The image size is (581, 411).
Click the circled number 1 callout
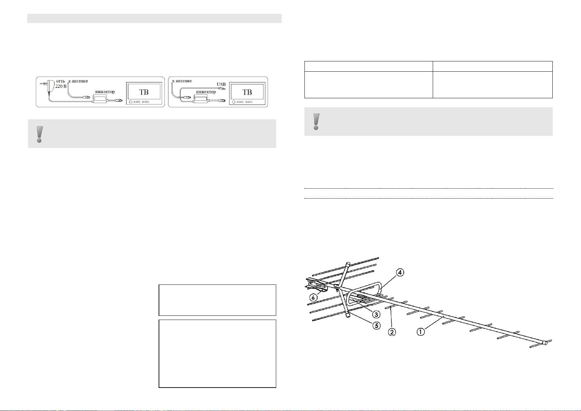pos(421,331)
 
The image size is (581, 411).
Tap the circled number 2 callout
pos(392,332)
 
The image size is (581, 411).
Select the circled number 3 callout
pos(376,314)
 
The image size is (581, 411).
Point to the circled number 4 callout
pos(400,272)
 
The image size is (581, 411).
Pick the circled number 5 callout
pos(377,325)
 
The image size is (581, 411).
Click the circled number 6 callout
pos(313,298)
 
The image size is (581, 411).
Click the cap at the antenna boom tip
pos(545,343)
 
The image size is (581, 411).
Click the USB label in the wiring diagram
pos(221,84)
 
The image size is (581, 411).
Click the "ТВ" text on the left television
pos(144,92)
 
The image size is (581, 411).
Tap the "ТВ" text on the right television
pos(247,92)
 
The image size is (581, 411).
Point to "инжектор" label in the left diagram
pos(105,91)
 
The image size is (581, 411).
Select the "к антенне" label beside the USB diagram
pos(182,81)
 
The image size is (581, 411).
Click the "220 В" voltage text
pos(61,86)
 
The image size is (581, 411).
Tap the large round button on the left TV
pos(131,102)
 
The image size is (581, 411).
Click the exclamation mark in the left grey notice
pos(39,134)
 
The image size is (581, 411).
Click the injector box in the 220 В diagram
pos(100,99)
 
